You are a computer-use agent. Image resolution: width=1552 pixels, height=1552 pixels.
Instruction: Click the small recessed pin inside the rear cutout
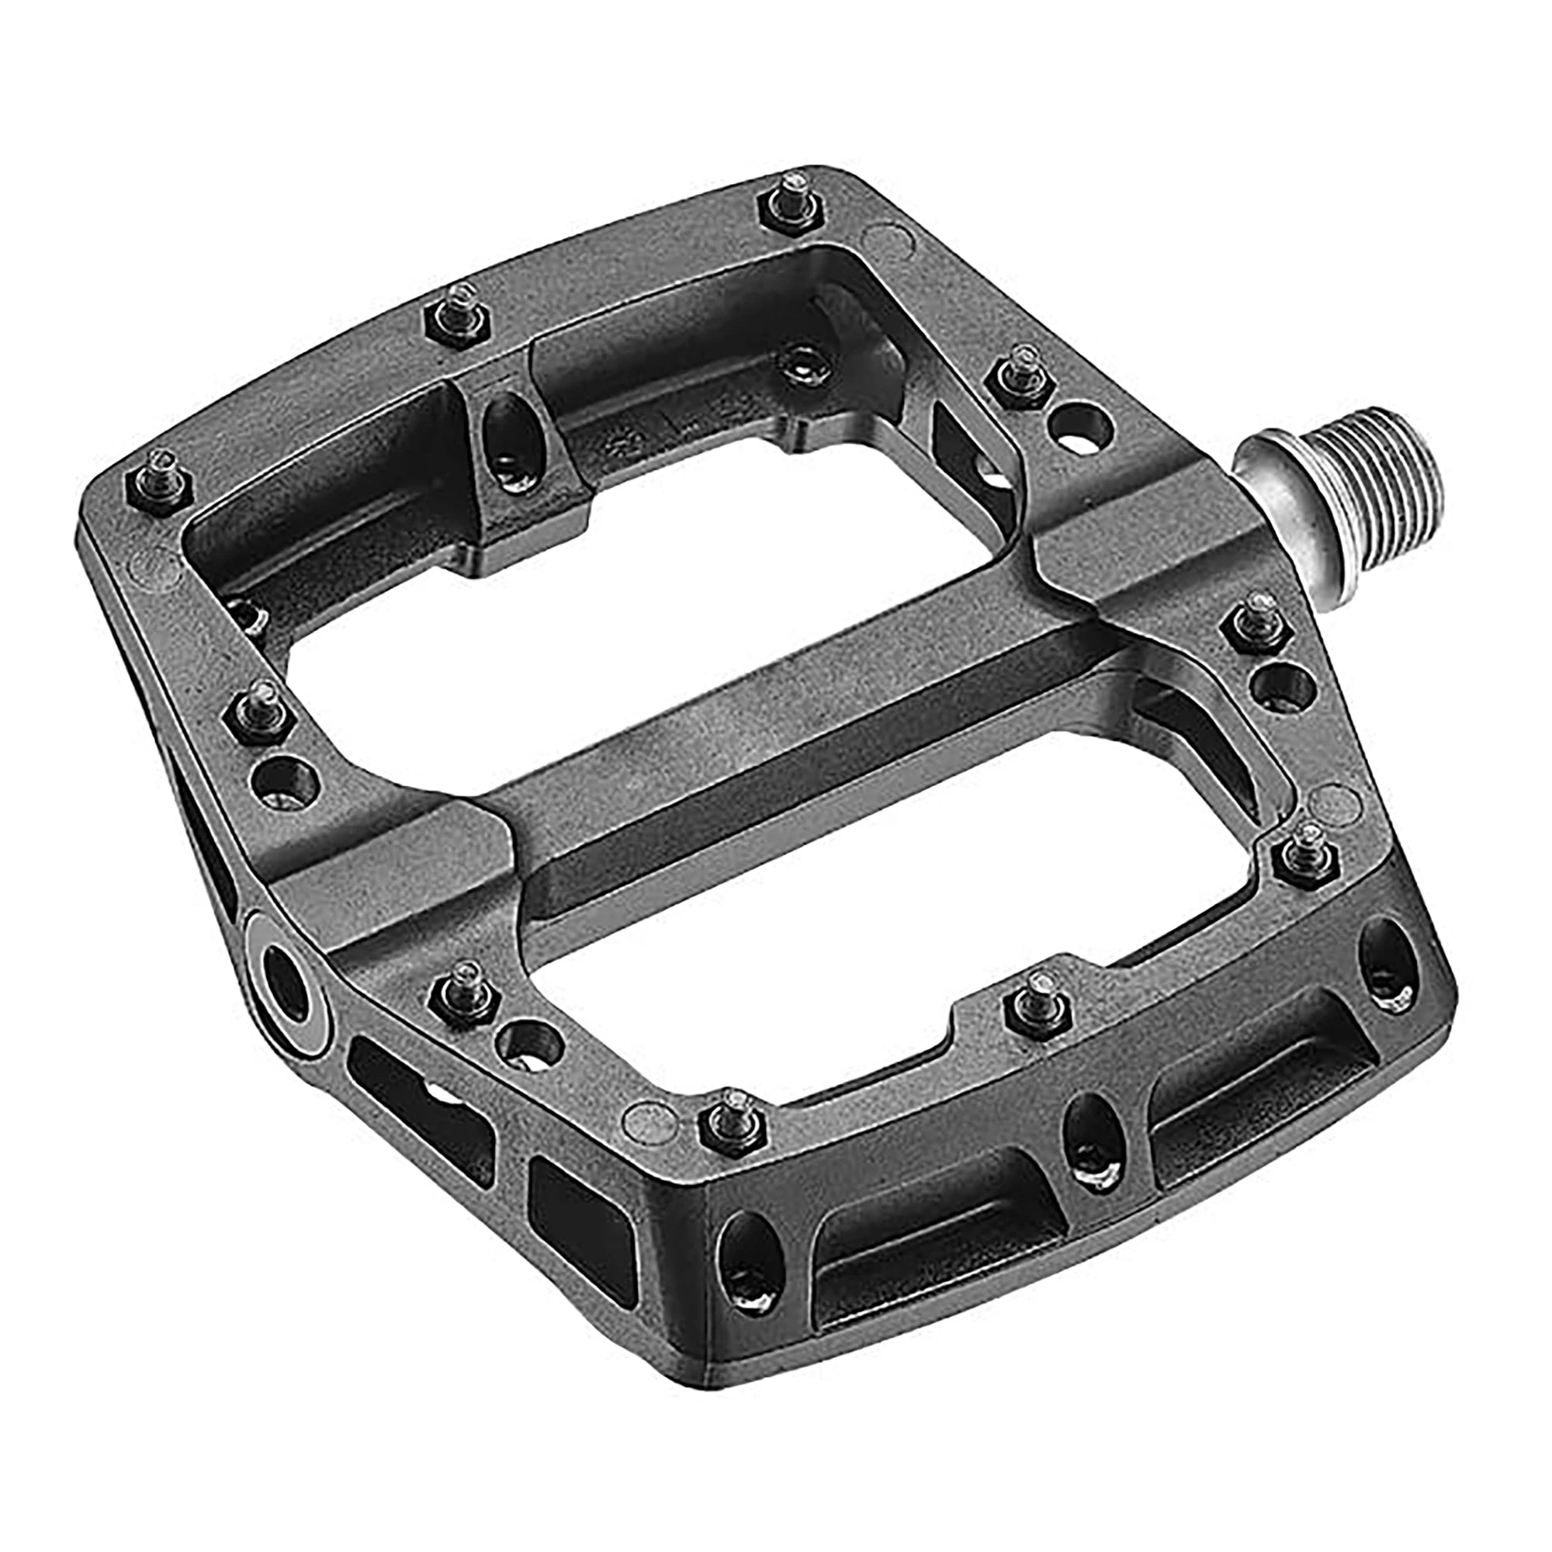coord(807,365)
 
